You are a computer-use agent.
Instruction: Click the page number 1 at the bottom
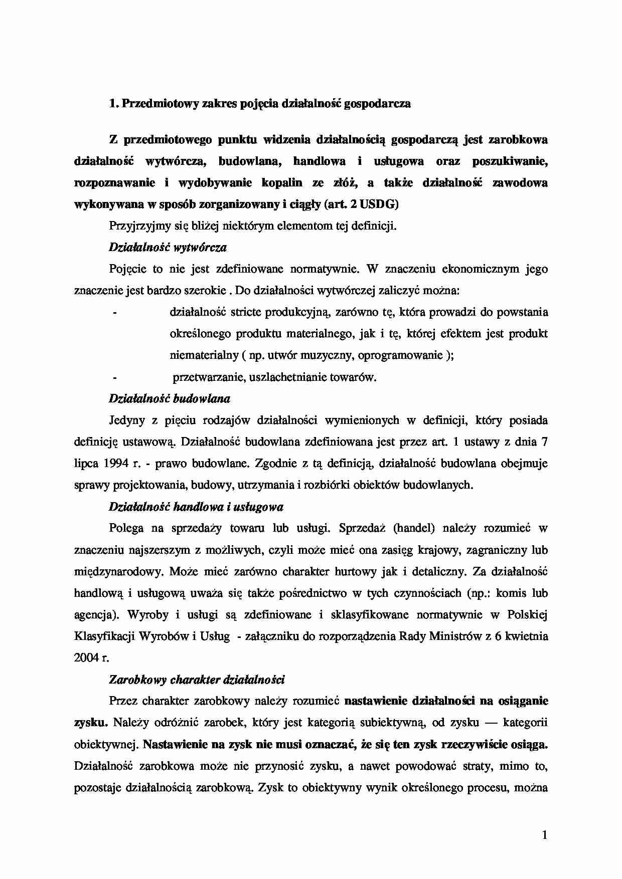point(544,835)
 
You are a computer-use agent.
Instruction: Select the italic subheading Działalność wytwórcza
point(168,247)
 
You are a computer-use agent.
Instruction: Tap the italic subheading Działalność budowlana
point(170,399)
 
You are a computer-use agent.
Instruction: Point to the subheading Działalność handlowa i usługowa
point(196,507)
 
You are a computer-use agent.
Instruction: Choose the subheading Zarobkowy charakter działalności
point(197,680)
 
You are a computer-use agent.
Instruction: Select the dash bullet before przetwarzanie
point(115,377)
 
